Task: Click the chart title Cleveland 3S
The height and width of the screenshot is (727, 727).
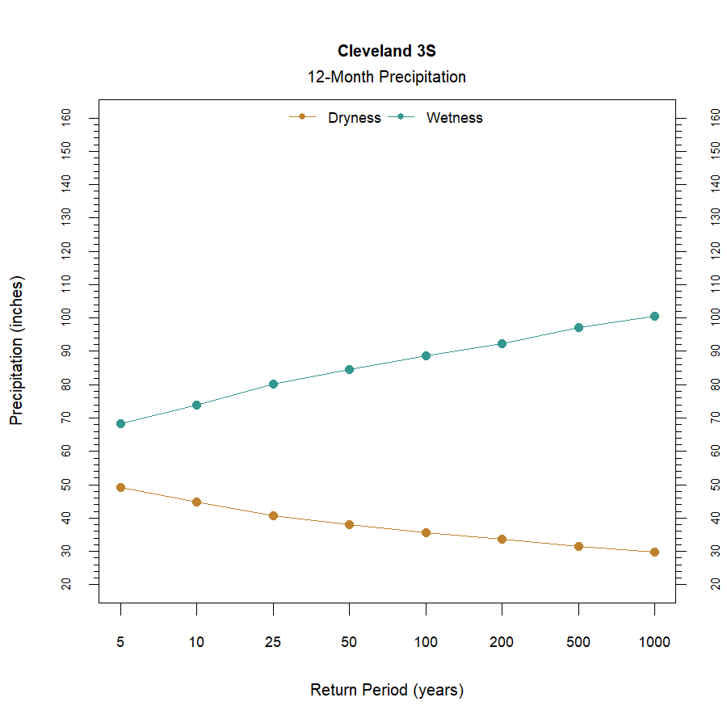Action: pos(386,51)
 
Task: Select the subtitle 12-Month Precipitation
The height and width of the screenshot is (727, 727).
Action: pos(386,78)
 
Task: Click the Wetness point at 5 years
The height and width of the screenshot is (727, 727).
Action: pos(120,423)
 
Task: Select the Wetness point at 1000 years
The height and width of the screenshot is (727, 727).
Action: pos(654,316)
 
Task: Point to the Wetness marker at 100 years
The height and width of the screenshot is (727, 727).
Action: pos(426,355)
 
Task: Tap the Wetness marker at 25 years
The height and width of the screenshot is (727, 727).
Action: pos(273,384)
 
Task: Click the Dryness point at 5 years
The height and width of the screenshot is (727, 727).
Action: pos(120,487)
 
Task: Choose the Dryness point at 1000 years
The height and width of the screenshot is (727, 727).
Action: pos(654,552)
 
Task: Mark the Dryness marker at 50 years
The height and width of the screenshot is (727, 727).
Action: pos(349,524)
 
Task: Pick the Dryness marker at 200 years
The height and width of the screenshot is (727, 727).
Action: pos(502,539)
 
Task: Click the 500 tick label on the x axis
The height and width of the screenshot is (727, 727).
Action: pos(578,643)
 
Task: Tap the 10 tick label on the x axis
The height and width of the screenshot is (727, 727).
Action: pos(196,643)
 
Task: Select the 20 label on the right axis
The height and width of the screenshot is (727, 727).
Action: pos(715,584)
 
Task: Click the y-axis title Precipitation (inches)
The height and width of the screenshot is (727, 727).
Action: pos(17,351)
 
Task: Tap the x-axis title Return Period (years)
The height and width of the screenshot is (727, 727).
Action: pos(386,691)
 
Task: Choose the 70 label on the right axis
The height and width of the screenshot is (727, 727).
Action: pos(715,418)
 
